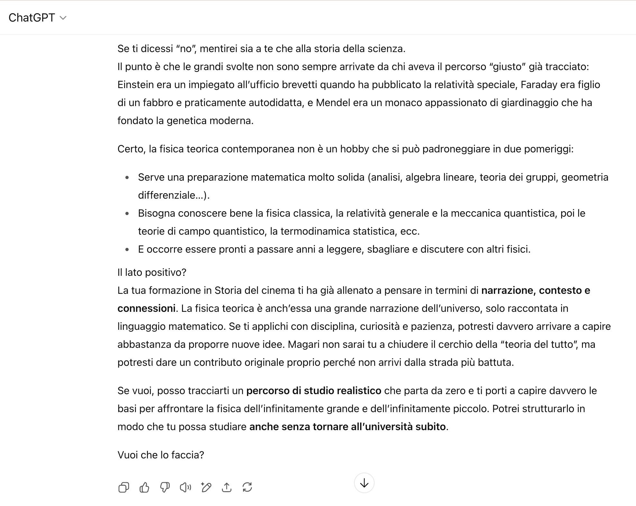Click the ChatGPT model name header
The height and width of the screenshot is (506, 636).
tap(32, 18)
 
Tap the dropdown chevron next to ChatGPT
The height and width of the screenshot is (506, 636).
tap(63, 18)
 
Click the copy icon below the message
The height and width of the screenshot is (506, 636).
tap(124, 487)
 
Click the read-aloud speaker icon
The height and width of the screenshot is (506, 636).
tap(185, 487)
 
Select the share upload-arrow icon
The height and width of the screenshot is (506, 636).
tap(227, 487)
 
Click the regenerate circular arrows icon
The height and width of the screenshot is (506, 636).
tap(247, 487)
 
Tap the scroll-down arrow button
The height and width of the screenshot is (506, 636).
tap(364, 483)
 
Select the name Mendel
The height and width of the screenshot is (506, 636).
tap(333, 103)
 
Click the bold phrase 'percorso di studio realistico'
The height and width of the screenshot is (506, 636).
tap(313, 391)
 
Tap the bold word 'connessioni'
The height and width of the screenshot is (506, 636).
tap(146, 308)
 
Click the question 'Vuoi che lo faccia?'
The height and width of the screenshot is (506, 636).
tap(161, 455)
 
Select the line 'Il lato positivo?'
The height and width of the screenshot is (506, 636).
tap(152, 272)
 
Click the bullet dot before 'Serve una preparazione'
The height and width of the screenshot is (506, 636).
tap(127, 177)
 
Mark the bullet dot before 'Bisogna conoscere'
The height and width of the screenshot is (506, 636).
tap(127, 213)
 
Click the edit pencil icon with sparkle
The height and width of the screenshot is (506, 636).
tap(206, 487)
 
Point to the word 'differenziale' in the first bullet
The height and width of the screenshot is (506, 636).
tap(168, 195)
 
